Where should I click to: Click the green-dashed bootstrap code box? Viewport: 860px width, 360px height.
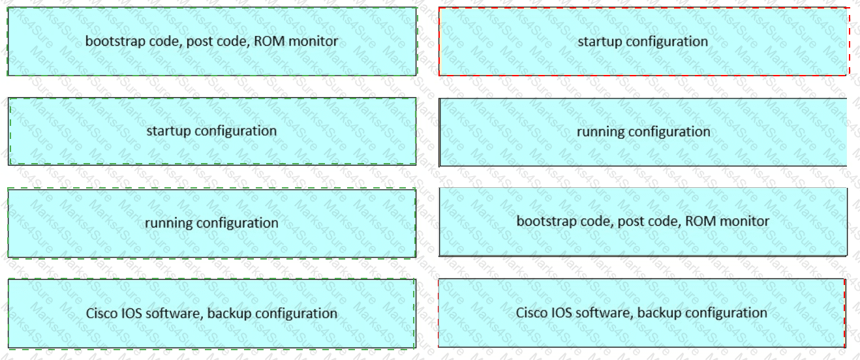pyautogui.click(x=212, y=42)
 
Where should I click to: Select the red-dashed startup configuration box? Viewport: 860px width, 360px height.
pyautogui.click(x=644, y=42)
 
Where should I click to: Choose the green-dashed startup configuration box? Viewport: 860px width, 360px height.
pyautogui.click(x=212, y=131)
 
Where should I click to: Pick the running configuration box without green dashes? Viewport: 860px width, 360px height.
pyautogui.click(x=643, y=132)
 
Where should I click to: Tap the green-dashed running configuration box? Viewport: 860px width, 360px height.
pyautogui.click(x=211, y=223)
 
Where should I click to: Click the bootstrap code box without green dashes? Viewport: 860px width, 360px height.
pyautogui.click(x=643, y=222)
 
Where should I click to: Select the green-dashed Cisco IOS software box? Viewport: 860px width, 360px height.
pyautogui.click(x=211, y=314)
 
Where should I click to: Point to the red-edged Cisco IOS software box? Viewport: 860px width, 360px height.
pyautogui.click(x=642, y=313)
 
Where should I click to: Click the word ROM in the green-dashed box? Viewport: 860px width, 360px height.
pyautogui.click(x=269, y=40)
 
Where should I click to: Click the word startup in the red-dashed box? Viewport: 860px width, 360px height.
pyautogui.click(x=599, y=42)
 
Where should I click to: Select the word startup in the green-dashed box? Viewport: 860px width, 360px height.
pyautogui.click(x=168, y=131)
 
